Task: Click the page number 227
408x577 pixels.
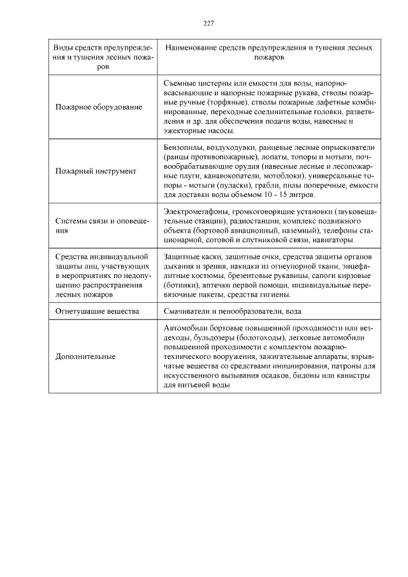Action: pyautogui.click(x=208, y=24)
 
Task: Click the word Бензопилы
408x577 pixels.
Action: pyautogui.click(x=181, y=147)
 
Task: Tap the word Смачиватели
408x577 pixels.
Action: pyautogui.click(x=186, y=310)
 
